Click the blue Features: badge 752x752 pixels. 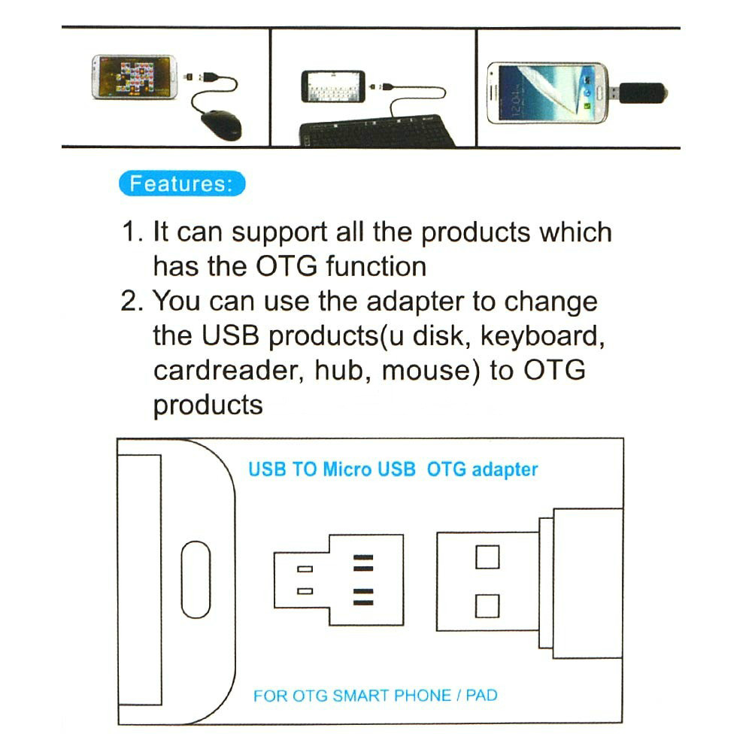point(183,183)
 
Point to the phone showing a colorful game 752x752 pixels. point(134,77)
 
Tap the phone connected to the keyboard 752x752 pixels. point(333,86)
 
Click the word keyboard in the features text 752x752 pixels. point(542,335)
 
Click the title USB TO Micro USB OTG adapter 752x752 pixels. point(393,470)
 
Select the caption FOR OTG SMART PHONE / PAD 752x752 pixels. point(375,695)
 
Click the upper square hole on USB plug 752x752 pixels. point(487,556)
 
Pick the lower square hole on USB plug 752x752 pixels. point(487,605)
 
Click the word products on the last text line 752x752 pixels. point(208,405)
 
